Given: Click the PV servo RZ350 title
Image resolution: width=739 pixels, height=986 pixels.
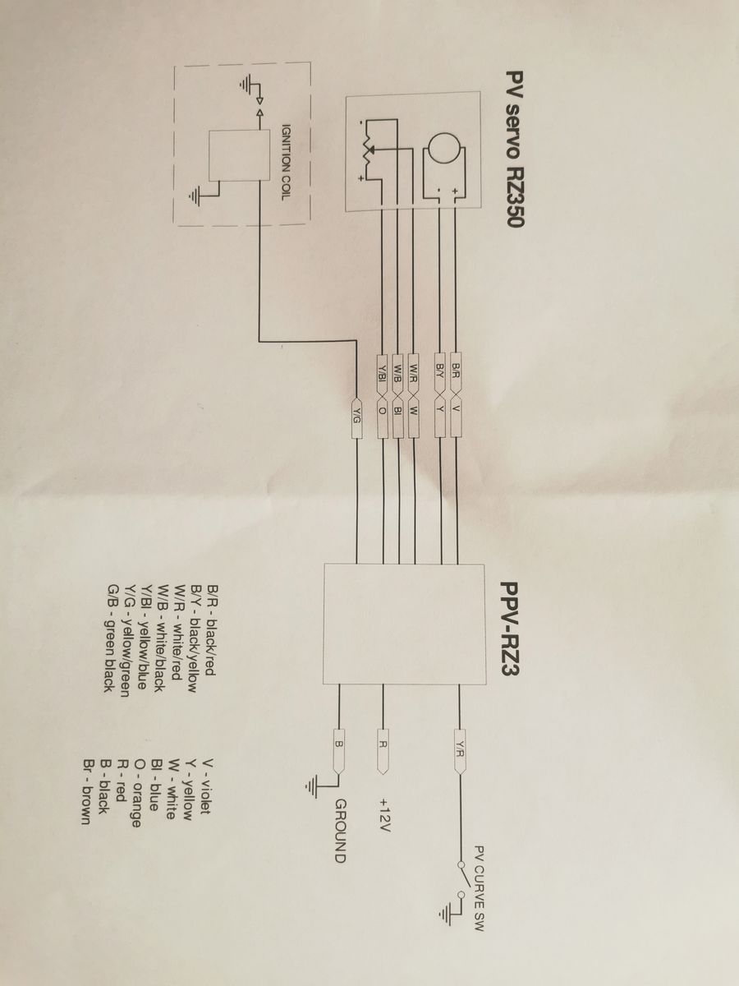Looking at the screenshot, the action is (x=514, y=150).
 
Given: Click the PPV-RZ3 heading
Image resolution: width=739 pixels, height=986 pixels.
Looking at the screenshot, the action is (x=511, y=636).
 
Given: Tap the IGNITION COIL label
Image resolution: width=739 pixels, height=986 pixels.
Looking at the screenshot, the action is (x=286, y=162).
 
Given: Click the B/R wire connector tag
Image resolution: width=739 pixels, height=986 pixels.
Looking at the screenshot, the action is (x=456, y=373).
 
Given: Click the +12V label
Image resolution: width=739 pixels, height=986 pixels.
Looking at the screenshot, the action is (x=385, y=814).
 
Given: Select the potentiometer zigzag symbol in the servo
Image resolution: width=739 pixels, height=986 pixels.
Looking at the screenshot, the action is (x=368, y=150).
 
